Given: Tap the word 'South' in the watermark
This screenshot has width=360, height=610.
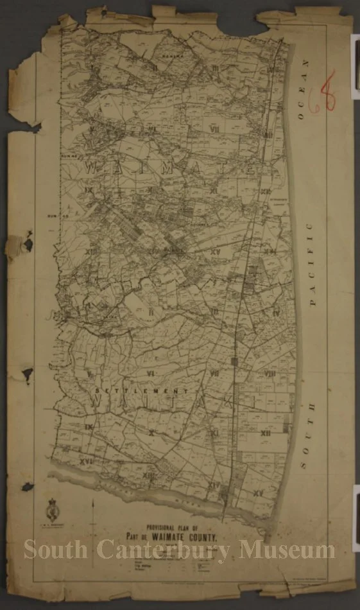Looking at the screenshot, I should point(56,550).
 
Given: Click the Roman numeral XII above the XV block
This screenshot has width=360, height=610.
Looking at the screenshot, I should point(266,433).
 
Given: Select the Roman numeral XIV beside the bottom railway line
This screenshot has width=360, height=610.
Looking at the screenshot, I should point(213,485).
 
